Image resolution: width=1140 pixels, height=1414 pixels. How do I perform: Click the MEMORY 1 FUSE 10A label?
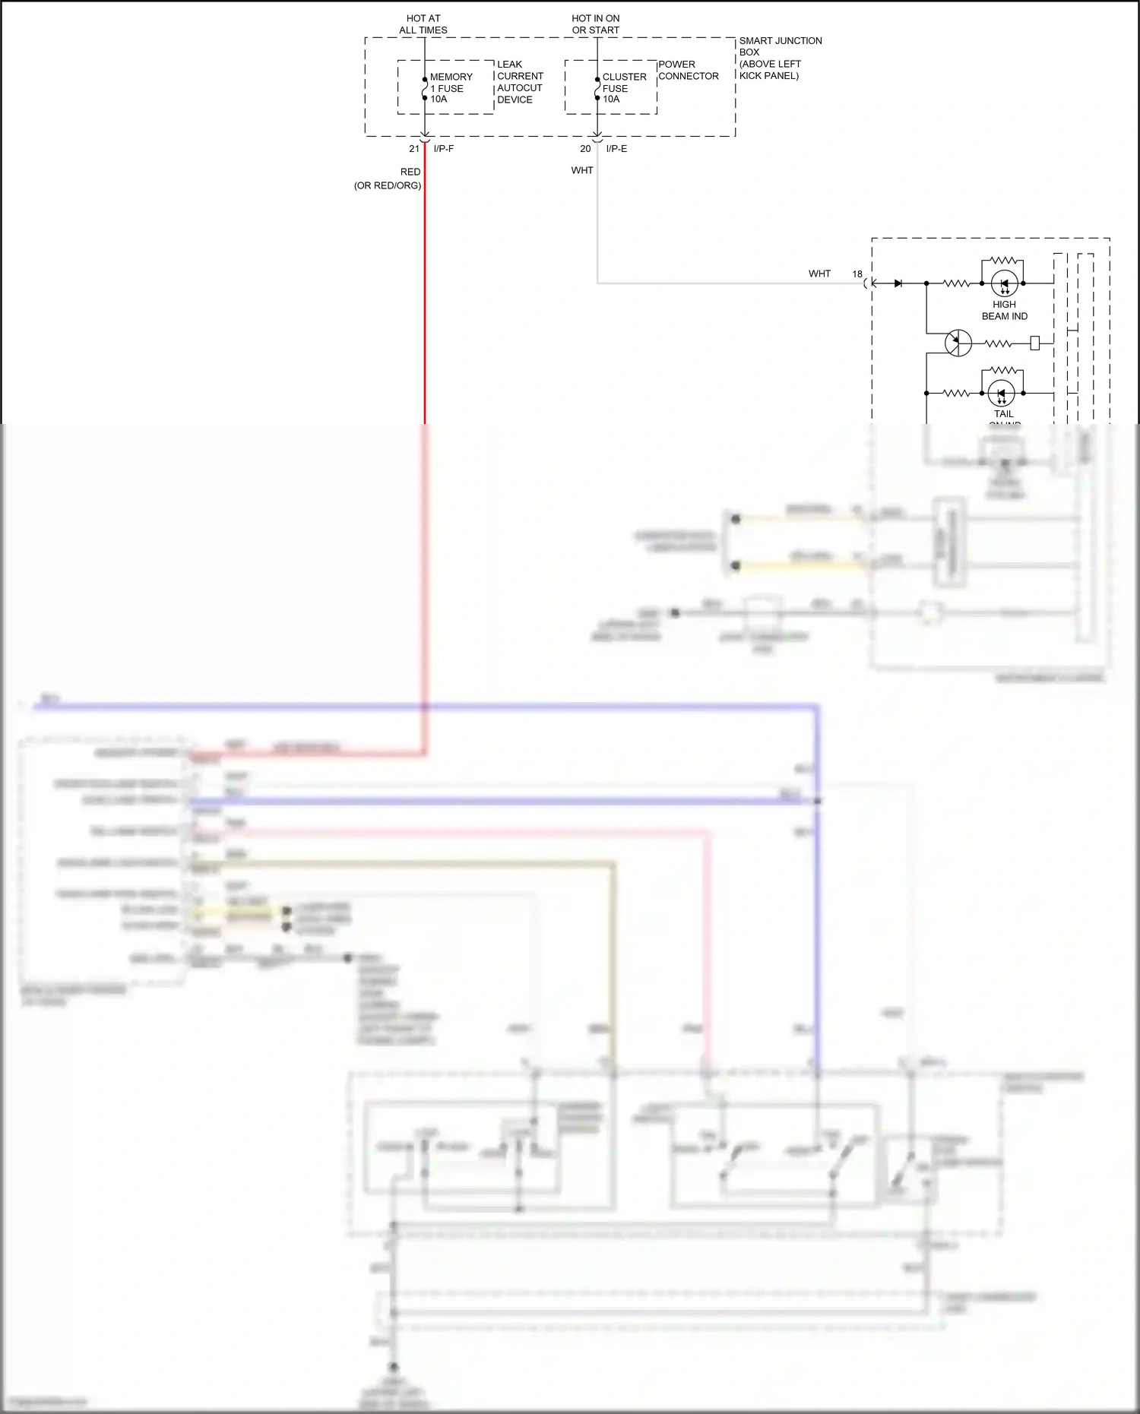point(450,88)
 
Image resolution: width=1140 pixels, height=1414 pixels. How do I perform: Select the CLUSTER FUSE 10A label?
point(623,88)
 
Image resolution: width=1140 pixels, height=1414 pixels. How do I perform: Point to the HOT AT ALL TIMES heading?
point(423,24)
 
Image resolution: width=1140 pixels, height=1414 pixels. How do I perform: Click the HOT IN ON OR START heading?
point(596,24)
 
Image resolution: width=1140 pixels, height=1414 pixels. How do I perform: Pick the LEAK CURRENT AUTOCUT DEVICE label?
point(520,82)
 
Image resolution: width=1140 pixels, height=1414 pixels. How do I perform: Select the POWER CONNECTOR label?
point(688,70)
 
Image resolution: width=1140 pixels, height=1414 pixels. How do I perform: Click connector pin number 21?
point(414,149)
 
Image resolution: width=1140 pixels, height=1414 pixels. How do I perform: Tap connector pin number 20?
point(585,149)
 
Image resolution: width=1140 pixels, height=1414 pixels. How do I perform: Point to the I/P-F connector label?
point(444,149)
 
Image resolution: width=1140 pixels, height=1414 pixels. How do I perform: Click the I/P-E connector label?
point(616,149)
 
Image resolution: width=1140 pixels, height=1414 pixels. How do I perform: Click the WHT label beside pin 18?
point(819,274)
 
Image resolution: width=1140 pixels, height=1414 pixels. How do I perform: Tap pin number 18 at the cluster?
point(857,274)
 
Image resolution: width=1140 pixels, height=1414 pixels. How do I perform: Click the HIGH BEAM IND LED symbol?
point(1004,283)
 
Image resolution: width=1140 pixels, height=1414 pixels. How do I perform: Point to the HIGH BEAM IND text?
point(1004,310)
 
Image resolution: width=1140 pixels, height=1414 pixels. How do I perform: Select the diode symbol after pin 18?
point(898,283)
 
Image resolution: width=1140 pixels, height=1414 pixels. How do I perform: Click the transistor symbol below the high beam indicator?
point(958,343)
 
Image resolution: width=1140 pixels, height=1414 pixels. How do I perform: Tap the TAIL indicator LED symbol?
point(1001,394)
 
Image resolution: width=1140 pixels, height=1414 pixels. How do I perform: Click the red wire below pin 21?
point(425,304)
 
